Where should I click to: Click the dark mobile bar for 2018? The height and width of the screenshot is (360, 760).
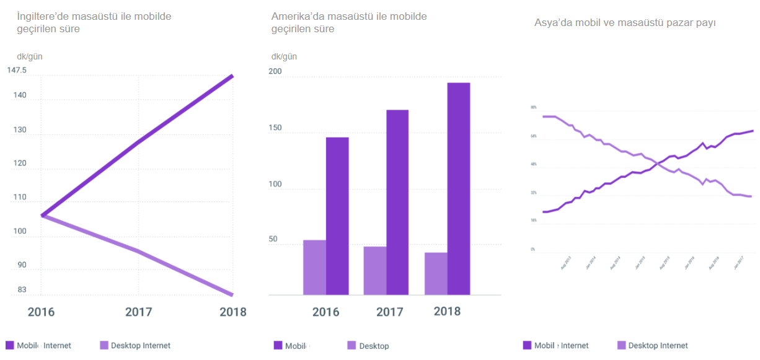point(459,189)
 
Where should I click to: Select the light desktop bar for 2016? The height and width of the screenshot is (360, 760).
point(314,267)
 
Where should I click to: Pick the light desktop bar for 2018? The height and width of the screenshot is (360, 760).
point(436,273)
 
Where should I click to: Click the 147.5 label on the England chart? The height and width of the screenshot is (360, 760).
point(17,70)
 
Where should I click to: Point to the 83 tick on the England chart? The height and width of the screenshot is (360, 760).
point(22,289)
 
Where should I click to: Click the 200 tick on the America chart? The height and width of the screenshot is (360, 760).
point(275,72)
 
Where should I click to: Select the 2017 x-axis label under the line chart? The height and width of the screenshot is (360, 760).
point(138,312)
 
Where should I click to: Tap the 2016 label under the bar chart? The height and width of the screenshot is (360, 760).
point(326,312)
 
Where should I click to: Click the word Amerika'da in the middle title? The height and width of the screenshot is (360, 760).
point(297,16)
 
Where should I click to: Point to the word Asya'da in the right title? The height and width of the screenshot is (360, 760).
point(553,23)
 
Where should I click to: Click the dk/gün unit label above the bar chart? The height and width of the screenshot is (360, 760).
point(284,56)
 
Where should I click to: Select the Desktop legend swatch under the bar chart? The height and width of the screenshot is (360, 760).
point(351,345)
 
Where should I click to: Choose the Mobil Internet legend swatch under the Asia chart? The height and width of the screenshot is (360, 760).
point(527,345)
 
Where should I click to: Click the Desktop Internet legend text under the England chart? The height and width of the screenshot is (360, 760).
point(140,345)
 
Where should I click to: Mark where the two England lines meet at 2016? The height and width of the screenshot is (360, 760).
point(42,215)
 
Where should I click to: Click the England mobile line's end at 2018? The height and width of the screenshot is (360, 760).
point(232,76)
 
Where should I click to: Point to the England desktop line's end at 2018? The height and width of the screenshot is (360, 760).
point(232,294)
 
